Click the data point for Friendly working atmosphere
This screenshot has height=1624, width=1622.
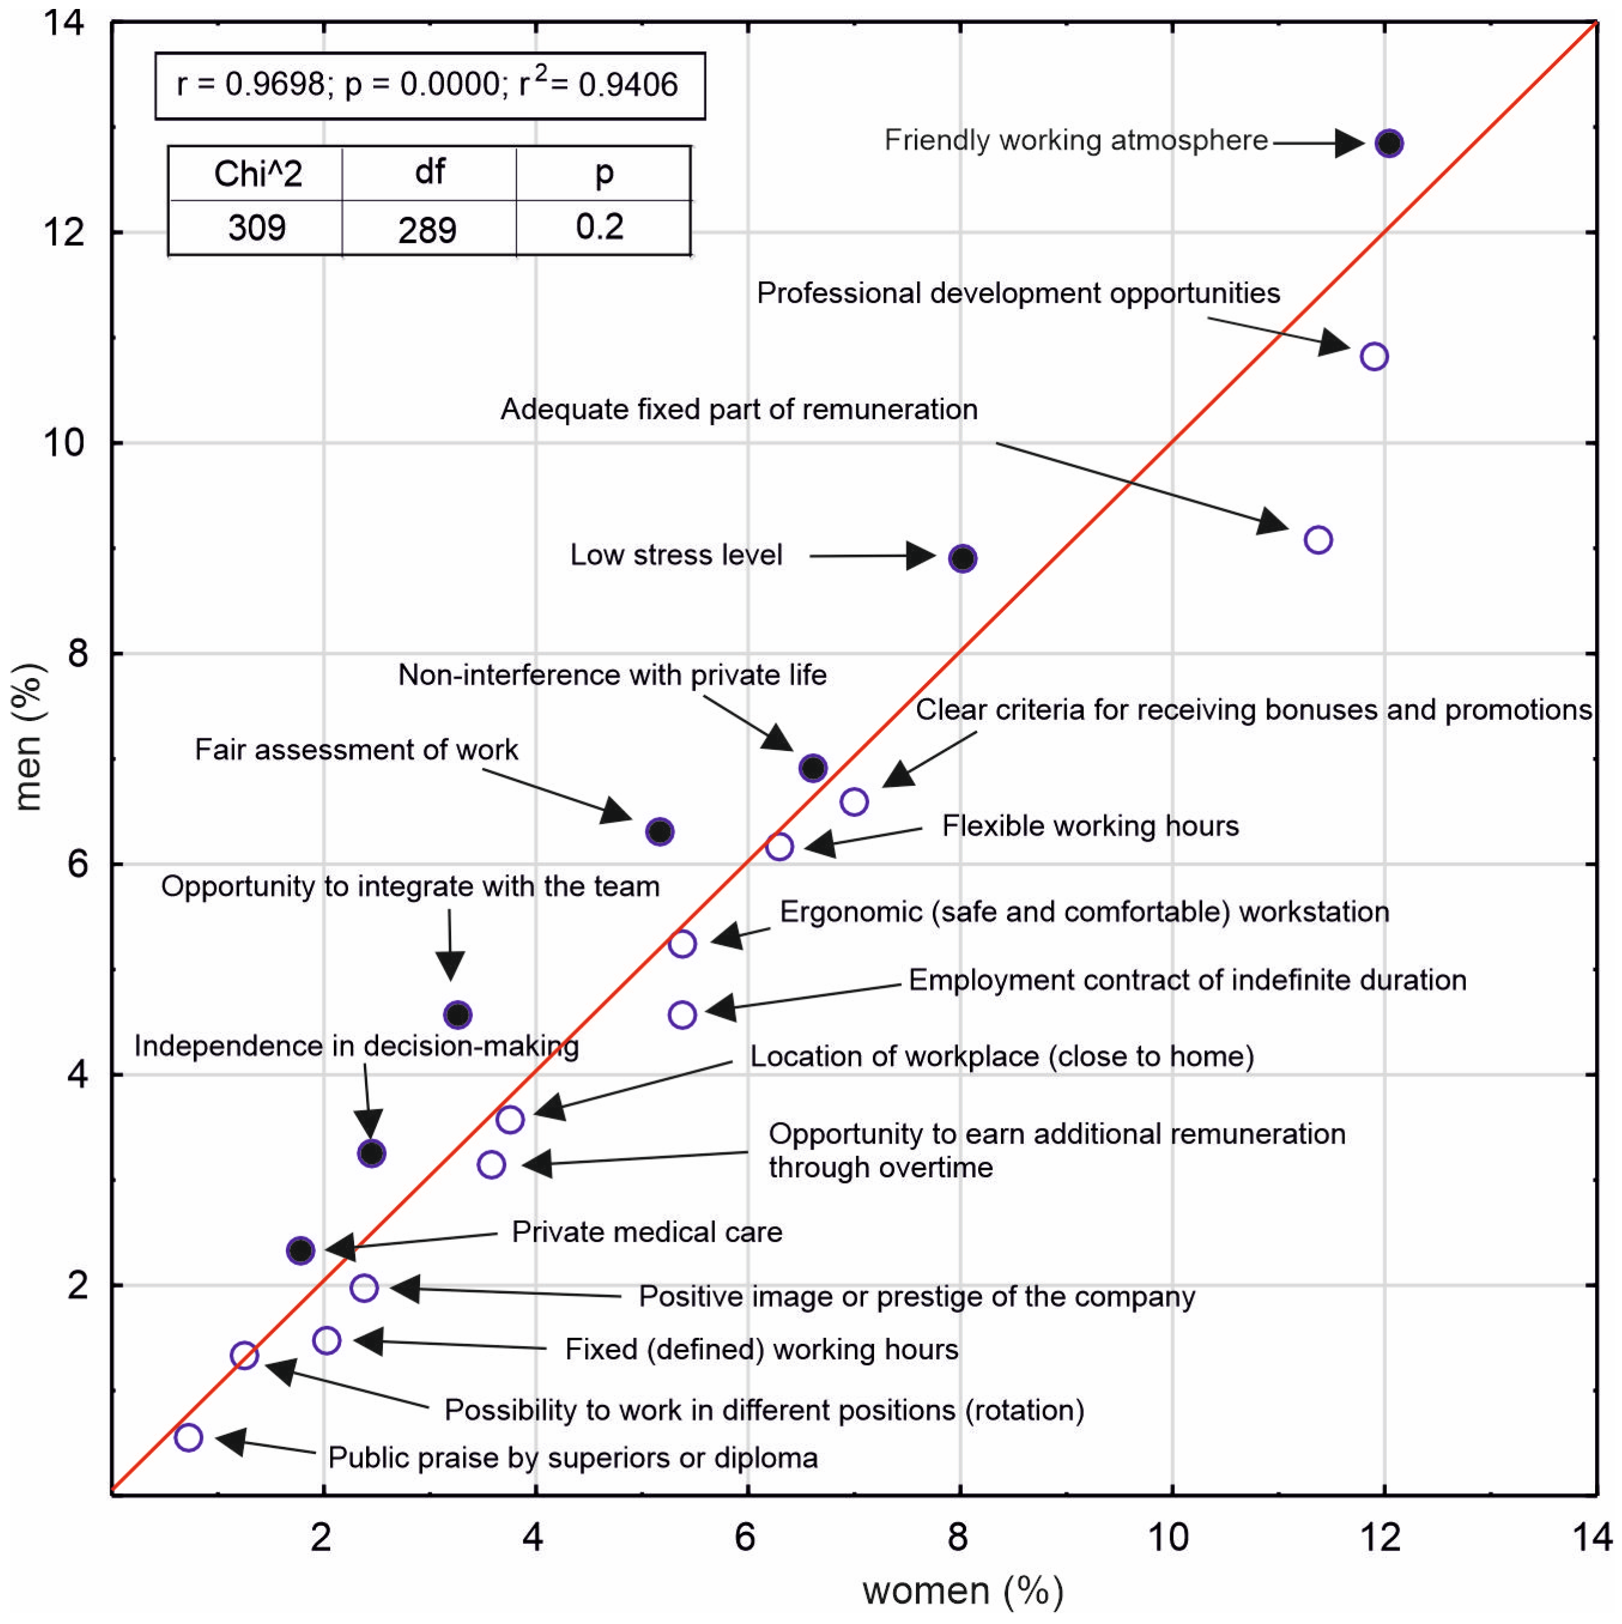(x=1389, y=143)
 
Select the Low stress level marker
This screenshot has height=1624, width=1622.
(x=962, y=558)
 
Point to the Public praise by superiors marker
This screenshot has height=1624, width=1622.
(x=188, y=1437)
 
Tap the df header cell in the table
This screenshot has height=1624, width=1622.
(x=430, y=172)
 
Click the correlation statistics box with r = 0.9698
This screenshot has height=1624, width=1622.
(x=430, y=85)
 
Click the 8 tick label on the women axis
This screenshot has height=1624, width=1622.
(x=958, y=1537)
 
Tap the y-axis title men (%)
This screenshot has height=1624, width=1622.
(x=29, y=737)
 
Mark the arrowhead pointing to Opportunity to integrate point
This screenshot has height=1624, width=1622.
(x=451, y=966)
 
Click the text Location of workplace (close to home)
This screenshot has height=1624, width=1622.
(x=1002, y=1057)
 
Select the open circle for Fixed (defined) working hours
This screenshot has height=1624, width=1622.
(x=327, y=1340)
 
